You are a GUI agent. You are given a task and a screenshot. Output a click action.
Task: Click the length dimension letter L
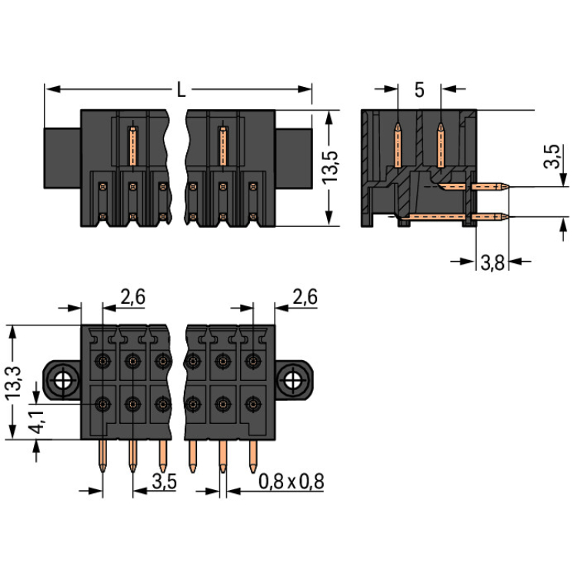pyautogui.click(x=181, y=90)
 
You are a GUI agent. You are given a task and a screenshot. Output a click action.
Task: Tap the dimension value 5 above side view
pyautogui.click(x=419, y=90)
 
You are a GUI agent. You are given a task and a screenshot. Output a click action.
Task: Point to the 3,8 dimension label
pyautogui.click(x=492, y=263)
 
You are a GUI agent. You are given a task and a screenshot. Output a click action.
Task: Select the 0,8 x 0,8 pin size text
pyautogui.click(x=291, y=482)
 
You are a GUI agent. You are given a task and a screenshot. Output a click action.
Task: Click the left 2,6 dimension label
pyautogui.click(x=133, y=296)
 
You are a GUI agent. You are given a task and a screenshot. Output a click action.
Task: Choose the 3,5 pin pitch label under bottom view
pyautogui.click(x=165, y=482)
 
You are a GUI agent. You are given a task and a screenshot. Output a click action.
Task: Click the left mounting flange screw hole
pyautogui.click(x=62, y=379)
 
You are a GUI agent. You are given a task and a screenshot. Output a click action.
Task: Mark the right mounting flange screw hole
pyautogui.click(x=293, y=379)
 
